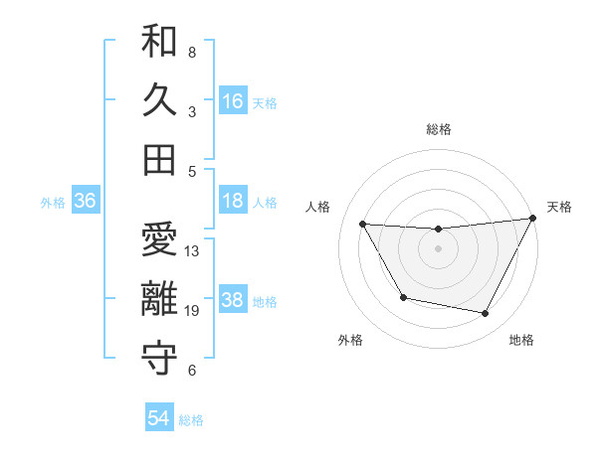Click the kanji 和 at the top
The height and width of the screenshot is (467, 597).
(159, 43)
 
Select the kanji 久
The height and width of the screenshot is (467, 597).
(159, 100)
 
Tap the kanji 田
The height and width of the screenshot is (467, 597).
(159, 159)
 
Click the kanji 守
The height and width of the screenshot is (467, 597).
(159, 359)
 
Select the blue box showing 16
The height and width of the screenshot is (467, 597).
(233, 100)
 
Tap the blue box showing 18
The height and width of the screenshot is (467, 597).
(233, 201)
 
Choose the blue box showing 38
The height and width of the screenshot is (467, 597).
(233, 300)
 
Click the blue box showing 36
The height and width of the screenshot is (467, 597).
(86, 201)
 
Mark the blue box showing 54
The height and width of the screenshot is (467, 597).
(159, 418)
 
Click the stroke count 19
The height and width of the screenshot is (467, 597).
(193, 311)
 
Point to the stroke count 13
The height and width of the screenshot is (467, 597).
(193, 251)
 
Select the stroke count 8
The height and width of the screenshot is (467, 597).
(192, 53)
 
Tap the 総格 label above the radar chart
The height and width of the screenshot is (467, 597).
(439, 129)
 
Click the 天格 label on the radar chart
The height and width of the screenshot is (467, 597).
(559, 207)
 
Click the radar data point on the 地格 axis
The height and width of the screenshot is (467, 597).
(486, 314)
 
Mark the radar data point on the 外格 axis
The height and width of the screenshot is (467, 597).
(403, 298)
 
